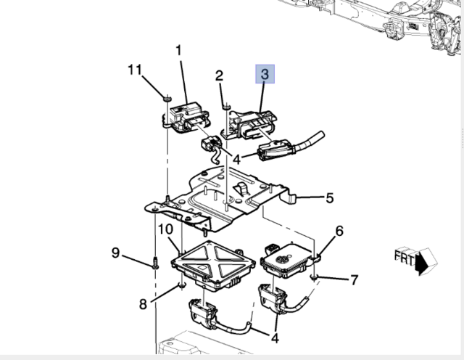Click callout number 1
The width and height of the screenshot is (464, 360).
[x=178, y=50]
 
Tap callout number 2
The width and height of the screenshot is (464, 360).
[x=219, y=75]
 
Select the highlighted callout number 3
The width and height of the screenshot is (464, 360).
[x=264, y=74]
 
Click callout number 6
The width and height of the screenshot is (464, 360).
[x=339, y=232]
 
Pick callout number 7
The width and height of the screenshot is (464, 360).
[x=354, y=279]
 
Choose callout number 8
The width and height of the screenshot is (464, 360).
[x=143, y=303]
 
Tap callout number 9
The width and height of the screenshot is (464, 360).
[x=115, y=253]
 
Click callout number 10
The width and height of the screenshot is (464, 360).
[x=165, y=229]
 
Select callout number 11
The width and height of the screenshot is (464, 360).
[x=133, y=70]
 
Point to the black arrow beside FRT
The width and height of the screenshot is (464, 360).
[x=424, y=262]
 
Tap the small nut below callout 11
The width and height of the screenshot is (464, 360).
[x=166, y=97]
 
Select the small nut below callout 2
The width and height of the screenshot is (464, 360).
[x=227, y=107]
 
